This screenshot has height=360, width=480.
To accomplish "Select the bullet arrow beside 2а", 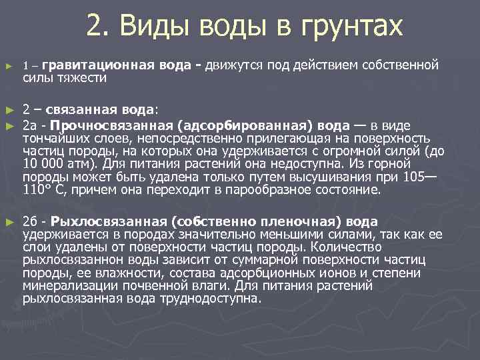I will click(8, 125).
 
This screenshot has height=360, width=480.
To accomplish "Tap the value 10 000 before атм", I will click(45, 164).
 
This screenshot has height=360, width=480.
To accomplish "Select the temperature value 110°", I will click(37, 190).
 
